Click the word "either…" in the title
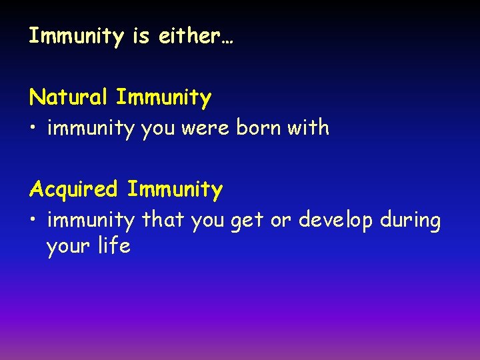tap(196, 36)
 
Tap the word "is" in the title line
tap(141, 36)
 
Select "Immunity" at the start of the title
tap(76, 36)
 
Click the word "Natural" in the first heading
tap(69, 97)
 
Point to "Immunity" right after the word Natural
tap(163, 97)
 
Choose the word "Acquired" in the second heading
tap(74, 189)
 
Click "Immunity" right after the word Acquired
tap(175, 189)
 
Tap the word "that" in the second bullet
tap(163, 219)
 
